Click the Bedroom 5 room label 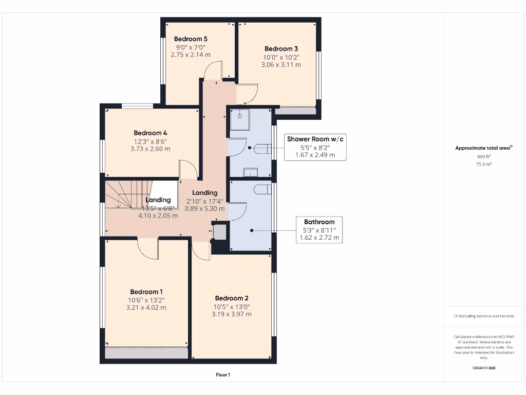[191, 39]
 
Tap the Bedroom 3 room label [281, 49]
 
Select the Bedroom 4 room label [151, 132]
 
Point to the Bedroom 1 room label [146, 292]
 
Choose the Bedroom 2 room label [232, 298]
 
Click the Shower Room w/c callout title [315, 139]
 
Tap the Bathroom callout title [319, 222]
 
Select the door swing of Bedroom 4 [188, 169]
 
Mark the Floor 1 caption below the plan [223, 375]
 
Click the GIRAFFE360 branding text [483, 368]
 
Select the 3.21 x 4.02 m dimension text [146, 308]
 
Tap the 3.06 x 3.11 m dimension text [281, 65]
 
